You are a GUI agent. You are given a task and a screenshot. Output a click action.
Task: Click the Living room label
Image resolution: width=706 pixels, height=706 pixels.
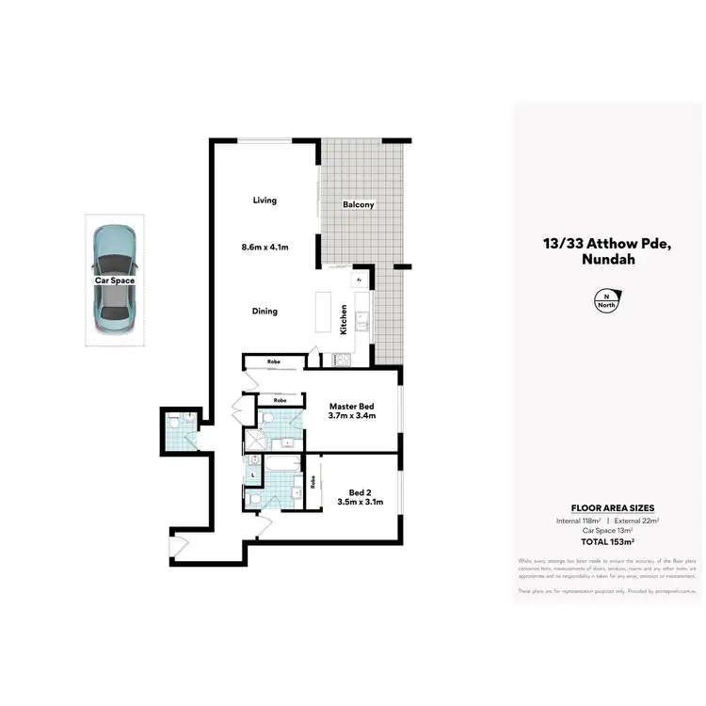pos(265,200)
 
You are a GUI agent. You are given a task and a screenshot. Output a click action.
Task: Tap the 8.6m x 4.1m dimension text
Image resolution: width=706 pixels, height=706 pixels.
pos(265,248)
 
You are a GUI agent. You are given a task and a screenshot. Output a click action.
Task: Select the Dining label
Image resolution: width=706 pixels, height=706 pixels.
pos(265,312)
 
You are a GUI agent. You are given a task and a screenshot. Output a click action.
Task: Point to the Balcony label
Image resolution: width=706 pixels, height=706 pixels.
pos(359,204)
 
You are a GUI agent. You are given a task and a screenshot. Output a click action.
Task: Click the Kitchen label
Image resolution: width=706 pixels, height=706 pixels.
pos(345,321)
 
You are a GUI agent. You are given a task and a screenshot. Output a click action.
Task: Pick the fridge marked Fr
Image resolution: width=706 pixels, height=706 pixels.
pos(359,279)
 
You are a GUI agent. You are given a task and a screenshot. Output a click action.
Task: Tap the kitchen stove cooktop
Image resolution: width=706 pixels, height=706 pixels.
pos(339,358)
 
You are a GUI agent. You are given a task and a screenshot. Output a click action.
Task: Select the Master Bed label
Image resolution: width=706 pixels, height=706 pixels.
pos(352,406)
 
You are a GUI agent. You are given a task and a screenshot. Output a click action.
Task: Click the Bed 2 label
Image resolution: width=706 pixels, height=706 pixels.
pos(358,492)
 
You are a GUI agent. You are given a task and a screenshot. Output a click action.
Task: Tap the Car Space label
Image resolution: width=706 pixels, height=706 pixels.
pos(114,281)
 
